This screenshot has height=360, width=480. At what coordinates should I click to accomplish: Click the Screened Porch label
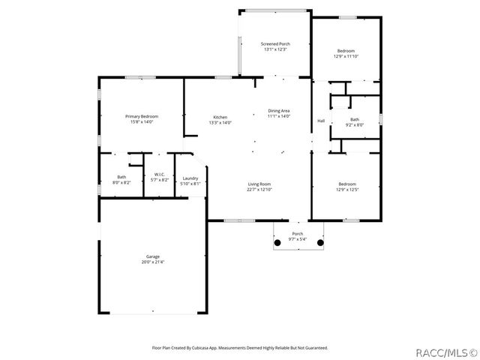coord(276,44)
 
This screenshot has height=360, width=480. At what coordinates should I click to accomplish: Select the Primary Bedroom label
coord(142,116)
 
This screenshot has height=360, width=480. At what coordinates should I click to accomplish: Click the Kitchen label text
coord(220,117)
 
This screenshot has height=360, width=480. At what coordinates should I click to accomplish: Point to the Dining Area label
coord(278,111)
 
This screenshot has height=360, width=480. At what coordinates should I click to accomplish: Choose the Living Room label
coord(259,184)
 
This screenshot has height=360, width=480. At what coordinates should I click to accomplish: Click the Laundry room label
coord(190,178)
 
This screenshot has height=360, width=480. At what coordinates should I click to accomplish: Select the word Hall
coord(321,121)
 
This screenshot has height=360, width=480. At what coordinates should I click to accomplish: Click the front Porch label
coord(298,234)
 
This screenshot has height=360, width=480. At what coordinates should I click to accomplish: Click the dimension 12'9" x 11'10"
coord(346,55)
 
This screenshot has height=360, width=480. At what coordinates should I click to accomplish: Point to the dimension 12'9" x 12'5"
coord(346,189)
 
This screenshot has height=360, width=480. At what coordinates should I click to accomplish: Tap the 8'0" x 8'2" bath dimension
coord(121,182)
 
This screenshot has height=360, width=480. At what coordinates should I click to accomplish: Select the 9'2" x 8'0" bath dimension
coord(354,125)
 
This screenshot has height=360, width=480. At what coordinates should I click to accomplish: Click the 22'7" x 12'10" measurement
coord(259,189)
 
